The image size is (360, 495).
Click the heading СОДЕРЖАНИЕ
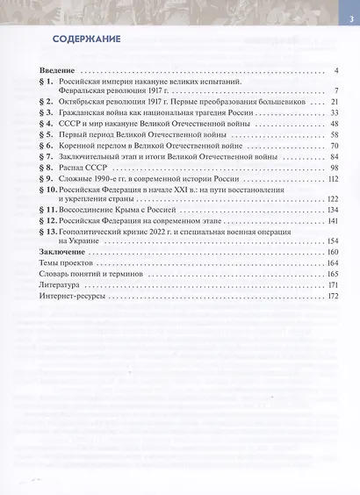click(x=86, y=40)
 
